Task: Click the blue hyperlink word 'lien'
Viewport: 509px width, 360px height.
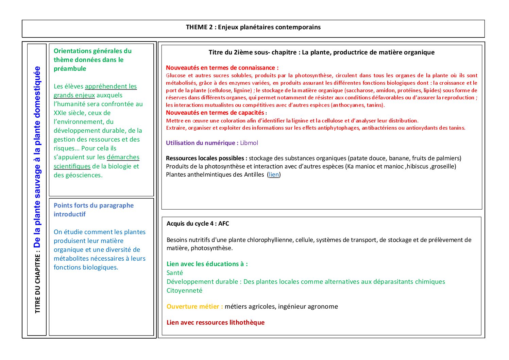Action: pyautogui.click(x=274, y=175)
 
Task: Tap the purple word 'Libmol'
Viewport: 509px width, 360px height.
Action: pyautogui.click(x=249, y=143)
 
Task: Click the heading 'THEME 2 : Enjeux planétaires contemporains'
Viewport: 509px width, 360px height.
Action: pyautogui.click(x=253, y=27)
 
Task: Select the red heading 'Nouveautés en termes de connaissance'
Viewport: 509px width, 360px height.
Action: pyautogui.click(x=222, y=68)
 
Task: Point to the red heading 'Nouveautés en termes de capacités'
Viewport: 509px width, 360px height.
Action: pyautogui.click(x=215, y=113)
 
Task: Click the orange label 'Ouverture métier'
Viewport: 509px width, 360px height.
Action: pyautogui.click(x=194, y=307)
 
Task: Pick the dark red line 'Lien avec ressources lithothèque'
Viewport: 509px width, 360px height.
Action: pyautogui.click(x=215, y=323)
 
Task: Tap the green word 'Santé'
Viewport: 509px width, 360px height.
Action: pyautogui.click(x=174, y=273)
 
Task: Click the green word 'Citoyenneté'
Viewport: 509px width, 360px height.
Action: pyautogui.click(x=184, y=291)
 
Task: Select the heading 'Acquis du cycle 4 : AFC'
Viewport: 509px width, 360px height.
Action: pyautogui.click(x=198, y=224)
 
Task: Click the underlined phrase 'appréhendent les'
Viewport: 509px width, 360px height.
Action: pyautogui.click(x=111, y=86)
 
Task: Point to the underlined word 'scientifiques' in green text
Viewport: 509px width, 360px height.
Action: pyautogui.click(x=72, y=166)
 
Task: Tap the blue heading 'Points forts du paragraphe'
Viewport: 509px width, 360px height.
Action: pyautogui.click(x=94, y=206)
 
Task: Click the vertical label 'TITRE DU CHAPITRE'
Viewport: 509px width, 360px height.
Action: pyautogui.click(x=37, y=283)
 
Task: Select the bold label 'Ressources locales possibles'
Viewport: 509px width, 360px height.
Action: pyautogui.click(x=206, y=158)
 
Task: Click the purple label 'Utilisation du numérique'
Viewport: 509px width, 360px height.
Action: pyautogui.click(x=202, y=143)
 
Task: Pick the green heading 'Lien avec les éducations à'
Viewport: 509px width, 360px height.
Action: pyautogui.click(x=207, y=264)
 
